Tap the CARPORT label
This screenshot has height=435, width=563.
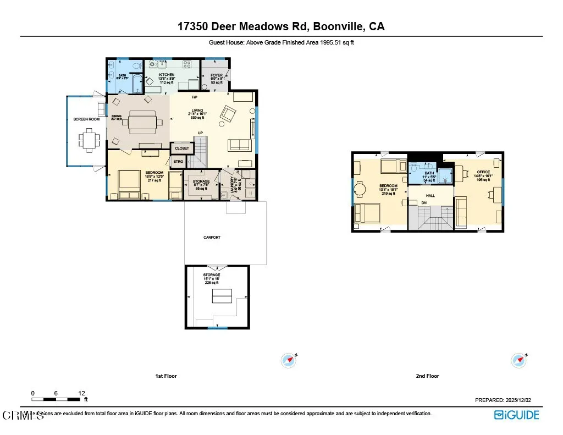point(212,237)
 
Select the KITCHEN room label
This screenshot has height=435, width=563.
point(167,75)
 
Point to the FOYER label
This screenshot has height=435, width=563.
point(216,75)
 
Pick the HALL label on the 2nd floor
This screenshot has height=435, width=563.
point(430,195)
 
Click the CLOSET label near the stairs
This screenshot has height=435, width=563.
point(182,148)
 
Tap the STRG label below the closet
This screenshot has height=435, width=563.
point(178,162)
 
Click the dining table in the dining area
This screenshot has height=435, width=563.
point(142,122)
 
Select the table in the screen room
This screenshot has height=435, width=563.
point(88,138)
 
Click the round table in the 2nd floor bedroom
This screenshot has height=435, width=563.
point(358,190)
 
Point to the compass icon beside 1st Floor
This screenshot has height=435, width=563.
point(288,360)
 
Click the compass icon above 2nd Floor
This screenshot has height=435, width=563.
point(518,360)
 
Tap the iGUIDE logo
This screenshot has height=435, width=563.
point(516,415)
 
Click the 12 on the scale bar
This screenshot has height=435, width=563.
point(81,393)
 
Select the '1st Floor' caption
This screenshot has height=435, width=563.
point(166,376)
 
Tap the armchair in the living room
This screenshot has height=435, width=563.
point(228,114)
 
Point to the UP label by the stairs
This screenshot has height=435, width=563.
point(202,134)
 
